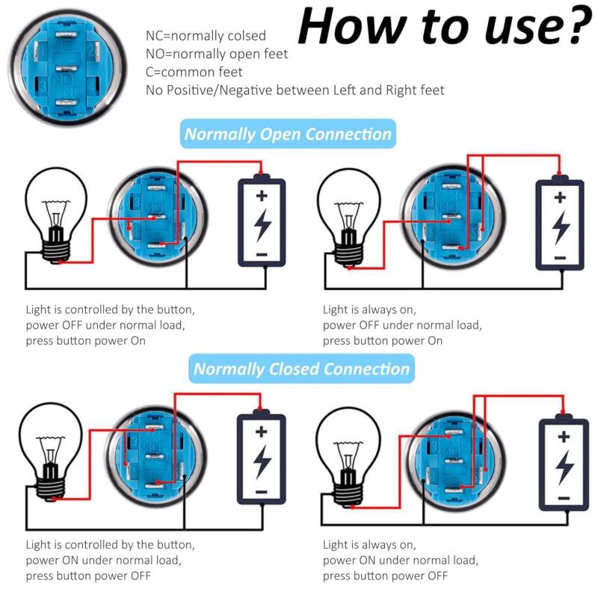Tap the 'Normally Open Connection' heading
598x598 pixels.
288,135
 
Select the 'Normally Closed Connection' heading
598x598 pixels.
301,369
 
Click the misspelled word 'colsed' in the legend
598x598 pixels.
247,36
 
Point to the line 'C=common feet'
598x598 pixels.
194,72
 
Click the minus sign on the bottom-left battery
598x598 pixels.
261,492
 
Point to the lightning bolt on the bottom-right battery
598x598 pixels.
564,466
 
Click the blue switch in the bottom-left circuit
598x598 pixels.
154,455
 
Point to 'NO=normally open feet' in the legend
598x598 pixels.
217,54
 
